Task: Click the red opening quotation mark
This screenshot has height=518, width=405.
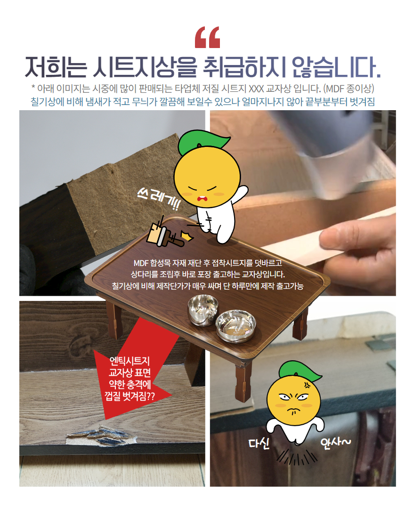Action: pos(208,37)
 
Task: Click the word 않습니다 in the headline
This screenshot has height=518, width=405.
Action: pos(336,67)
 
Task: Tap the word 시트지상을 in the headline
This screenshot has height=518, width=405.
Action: pos(146,67)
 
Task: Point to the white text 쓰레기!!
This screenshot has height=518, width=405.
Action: pos(158,200)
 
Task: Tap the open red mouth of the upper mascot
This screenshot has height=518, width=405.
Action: pos(201,199)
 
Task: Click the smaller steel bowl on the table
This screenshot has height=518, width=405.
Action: pos(203,310)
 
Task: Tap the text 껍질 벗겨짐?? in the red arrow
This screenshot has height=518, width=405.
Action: pos(130,396)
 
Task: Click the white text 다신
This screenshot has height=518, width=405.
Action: pos(259,443)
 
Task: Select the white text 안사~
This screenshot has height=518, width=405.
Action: pos(335,441)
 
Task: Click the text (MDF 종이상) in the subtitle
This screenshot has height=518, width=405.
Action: pos(348,89)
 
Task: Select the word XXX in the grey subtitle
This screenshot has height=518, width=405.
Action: pos(256,89)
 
